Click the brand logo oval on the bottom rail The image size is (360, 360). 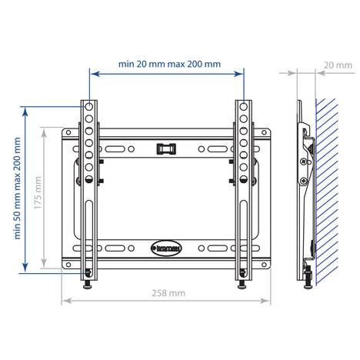coord(168,248)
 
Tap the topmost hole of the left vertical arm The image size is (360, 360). coord(90,105)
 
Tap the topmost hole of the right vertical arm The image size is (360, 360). coord(244,105)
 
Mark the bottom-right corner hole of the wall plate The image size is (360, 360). coord(266,265)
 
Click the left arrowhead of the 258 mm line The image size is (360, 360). coord(65,300)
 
